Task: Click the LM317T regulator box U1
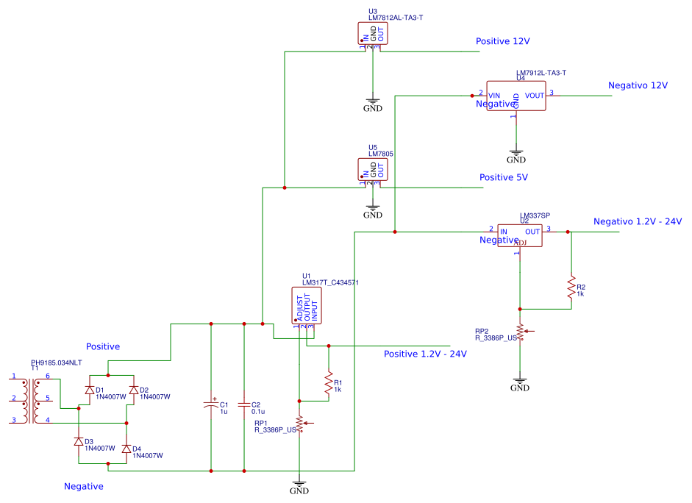307,306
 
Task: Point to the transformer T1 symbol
31,402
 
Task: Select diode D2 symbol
134,390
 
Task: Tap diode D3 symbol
79,441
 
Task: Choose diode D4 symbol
126,448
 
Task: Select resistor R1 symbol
329,382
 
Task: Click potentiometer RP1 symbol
299,424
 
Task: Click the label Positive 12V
502,41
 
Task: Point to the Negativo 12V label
638,85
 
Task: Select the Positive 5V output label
504,177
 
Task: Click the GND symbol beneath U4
516,157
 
